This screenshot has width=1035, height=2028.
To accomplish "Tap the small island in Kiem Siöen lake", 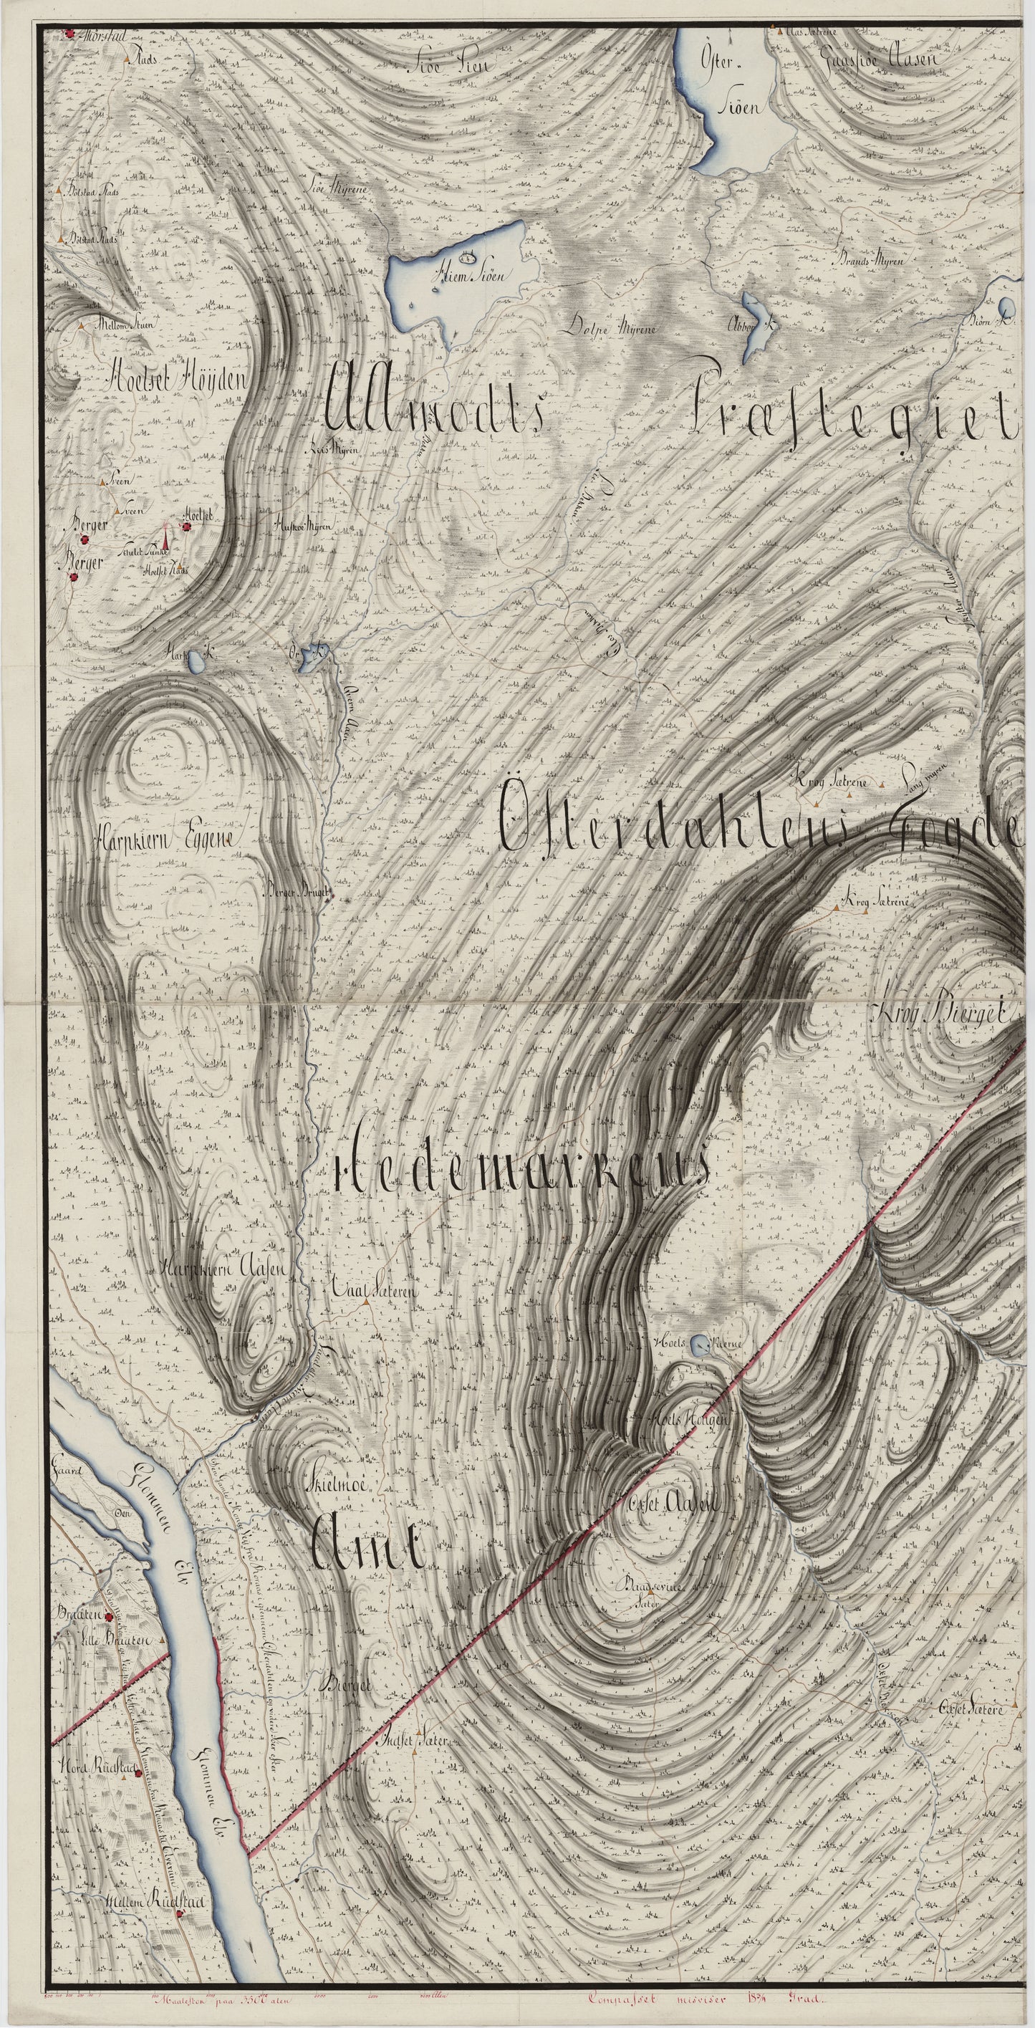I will coord(471,256).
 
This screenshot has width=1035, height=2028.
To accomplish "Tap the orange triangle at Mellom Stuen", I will coord(81,325).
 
